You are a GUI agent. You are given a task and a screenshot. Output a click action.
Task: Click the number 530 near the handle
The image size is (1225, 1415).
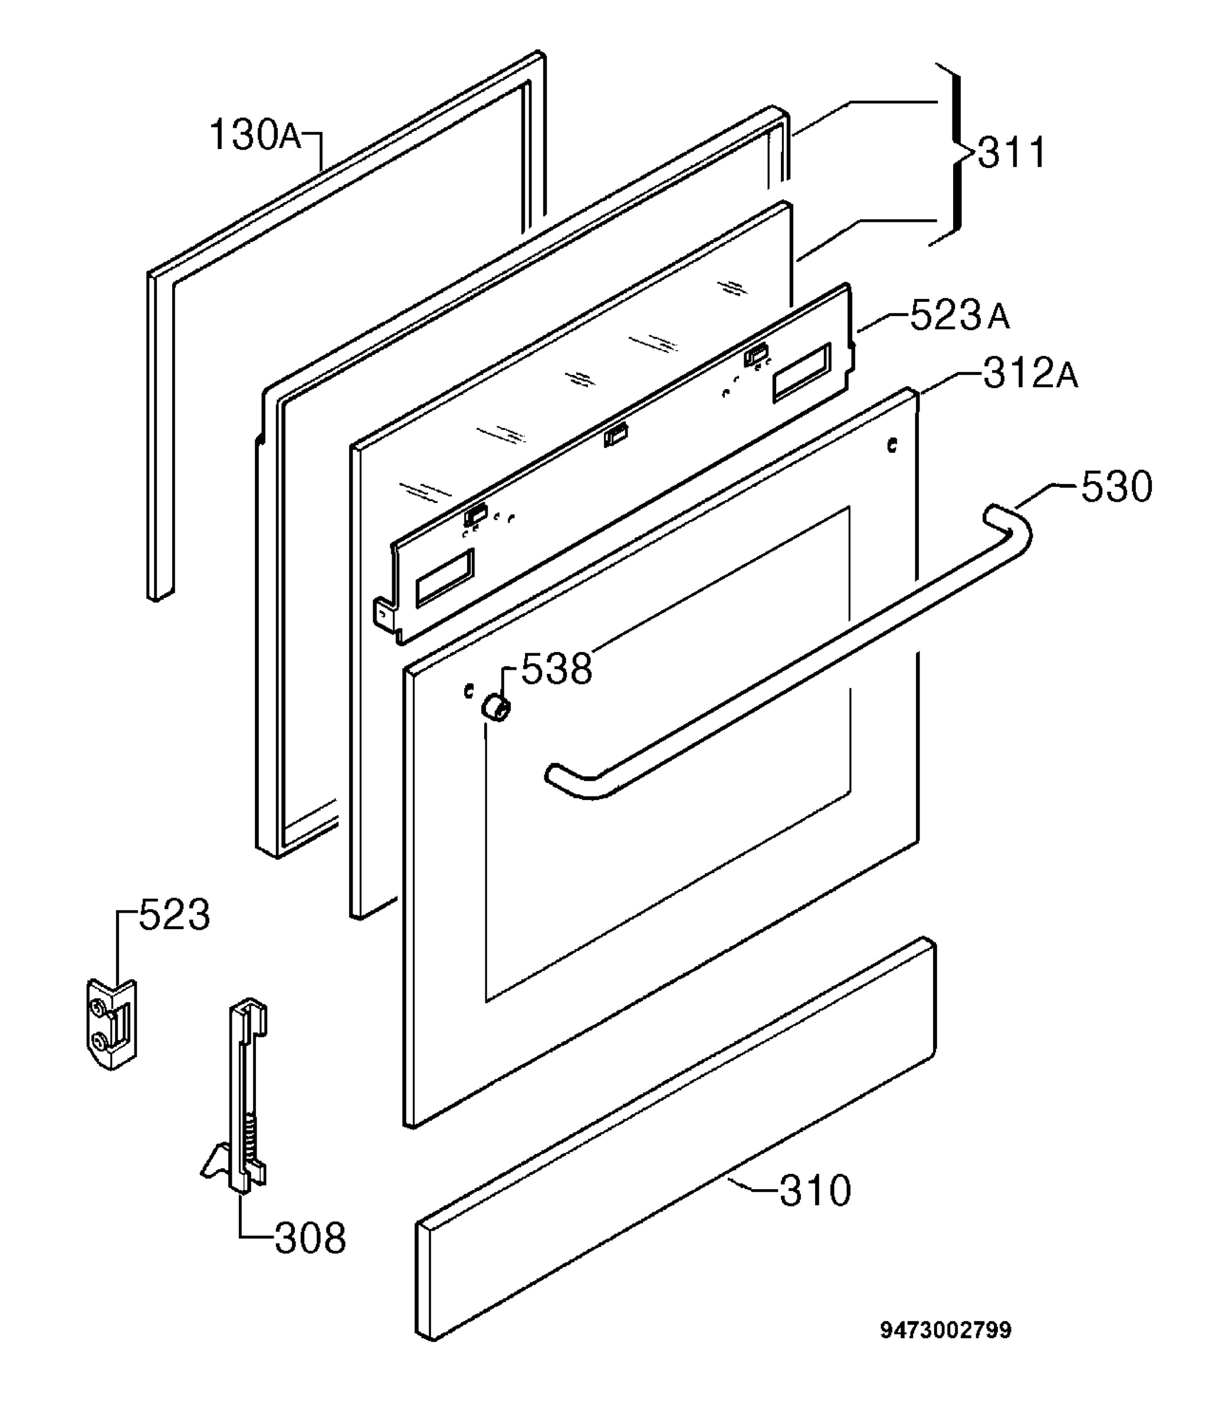1116,486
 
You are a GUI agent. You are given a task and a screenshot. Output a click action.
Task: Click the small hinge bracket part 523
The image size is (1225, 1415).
111,1024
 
